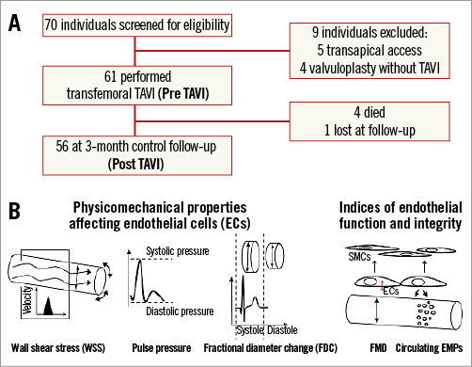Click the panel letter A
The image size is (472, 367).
point(14,24)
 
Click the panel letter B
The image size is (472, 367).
point(14,211)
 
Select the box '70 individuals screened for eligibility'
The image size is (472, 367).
point(137,25)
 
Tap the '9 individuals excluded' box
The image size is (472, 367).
point(370,50)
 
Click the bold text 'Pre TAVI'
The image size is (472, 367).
point(183,93)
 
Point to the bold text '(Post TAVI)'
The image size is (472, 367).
point(135,164)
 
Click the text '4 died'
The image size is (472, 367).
point(370,112)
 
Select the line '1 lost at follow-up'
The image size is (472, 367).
point(370,130)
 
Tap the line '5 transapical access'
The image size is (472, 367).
point(370,50)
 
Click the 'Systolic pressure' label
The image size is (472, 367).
point(178,251)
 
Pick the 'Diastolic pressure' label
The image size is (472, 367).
point(180,311)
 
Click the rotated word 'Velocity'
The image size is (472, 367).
point(27,300)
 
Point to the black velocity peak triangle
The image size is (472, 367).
point(48,306)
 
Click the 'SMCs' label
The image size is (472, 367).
point(359,257)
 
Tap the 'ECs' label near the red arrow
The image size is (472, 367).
point(391,291)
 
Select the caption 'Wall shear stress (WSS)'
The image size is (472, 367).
point(58,348)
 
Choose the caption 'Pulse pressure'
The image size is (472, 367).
point(162,348)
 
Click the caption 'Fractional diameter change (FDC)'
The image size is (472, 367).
point(271,348)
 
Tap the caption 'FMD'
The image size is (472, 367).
point(378,348)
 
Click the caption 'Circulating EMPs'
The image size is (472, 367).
point(429,348)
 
